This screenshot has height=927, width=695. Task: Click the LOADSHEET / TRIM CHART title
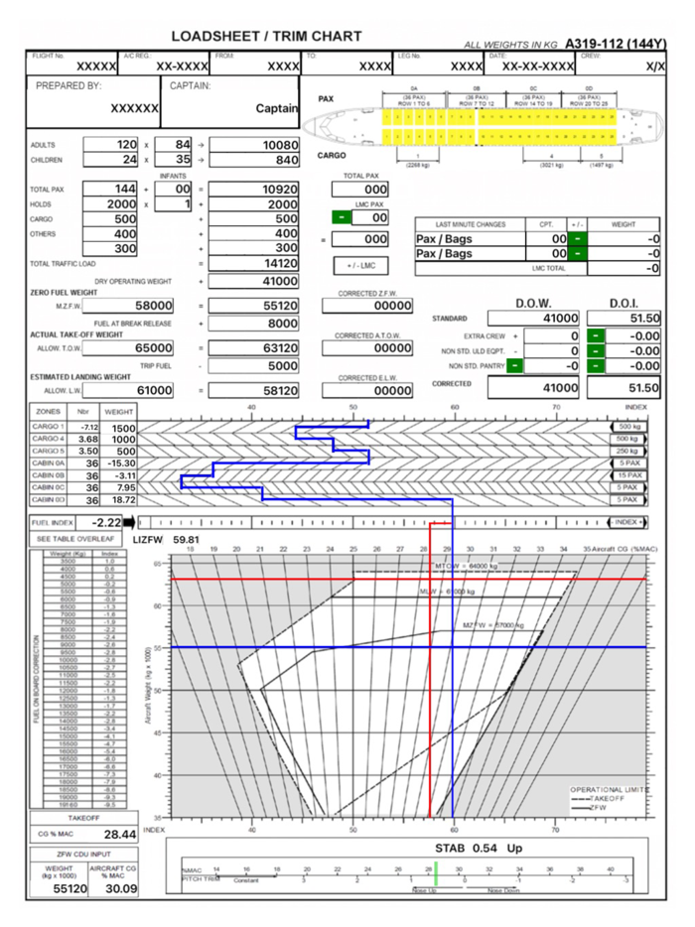(x=266, y=37)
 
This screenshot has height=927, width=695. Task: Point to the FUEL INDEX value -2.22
(x=106, y=521)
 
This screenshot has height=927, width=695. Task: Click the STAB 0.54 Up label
(x=480, y=849)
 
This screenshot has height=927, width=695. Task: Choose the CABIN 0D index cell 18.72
(x=122, y=499)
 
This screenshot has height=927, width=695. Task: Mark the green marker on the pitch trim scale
(x=435, y=879)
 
